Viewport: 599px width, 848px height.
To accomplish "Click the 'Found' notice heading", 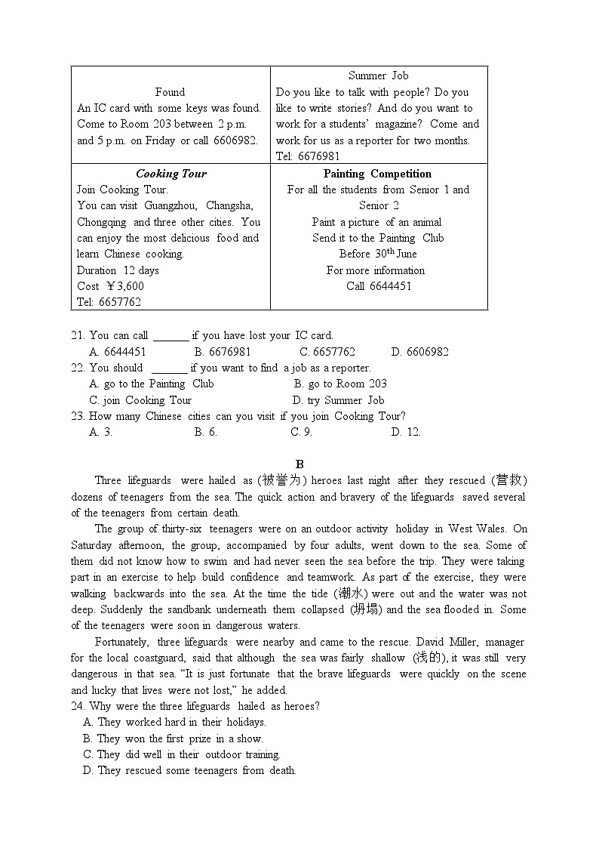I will [x=170, y=92].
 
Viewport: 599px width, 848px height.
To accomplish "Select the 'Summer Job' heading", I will [x=378, y=76].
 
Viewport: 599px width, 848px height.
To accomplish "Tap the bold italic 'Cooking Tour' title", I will [x=170, y=174].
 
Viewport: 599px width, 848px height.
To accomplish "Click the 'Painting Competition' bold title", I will [x=378, y=174].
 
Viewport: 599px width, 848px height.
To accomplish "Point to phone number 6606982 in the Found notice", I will [x=235, y=140].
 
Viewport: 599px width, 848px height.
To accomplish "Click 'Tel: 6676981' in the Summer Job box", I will [x=308, y=156].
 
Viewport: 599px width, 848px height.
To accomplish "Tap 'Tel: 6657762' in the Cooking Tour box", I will [x=109, y=302].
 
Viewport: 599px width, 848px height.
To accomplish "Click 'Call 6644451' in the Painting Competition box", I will [x=378, y=286].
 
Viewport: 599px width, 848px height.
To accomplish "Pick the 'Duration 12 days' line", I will [x=118, y=270].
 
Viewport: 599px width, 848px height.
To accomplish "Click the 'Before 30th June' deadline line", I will [x=378, y=254].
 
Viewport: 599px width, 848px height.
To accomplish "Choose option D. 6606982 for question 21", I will [x=419, y=352].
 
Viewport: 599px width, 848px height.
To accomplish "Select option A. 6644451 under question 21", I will [x=118, y=352].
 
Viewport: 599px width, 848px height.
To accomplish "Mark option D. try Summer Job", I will [x=338, y=400].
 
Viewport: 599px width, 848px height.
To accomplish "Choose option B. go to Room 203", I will [x=339, y=384].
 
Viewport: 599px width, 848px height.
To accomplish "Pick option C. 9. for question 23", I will [x=301, y=432].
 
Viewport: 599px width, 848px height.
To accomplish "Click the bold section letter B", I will [x=299, y=464].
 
